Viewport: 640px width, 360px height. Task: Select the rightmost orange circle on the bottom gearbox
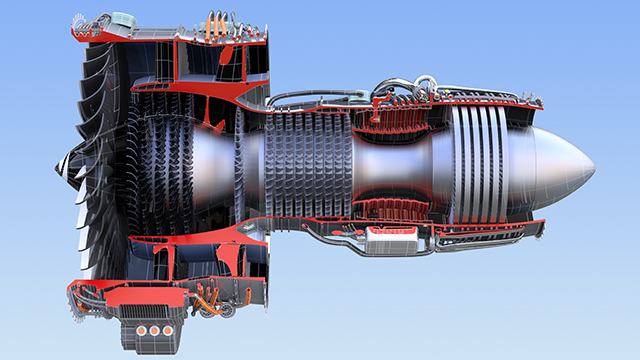pos(171,331)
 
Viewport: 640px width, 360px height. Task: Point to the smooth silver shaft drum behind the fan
pos(205,160)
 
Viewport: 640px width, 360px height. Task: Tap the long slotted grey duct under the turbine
pos(470,240)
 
